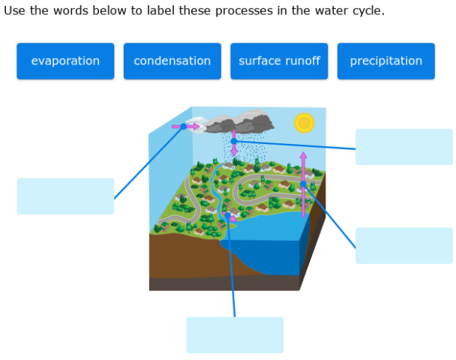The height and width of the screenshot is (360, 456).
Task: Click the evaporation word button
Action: pyautogui.click(x=65, y=61)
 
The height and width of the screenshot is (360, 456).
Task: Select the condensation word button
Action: pyautogui.click(x=172, y=61)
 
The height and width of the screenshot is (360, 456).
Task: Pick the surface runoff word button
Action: pyautogui.click(x=279, y=61)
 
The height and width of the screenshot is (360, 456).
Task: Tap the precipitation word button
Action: pyautogui.click(x=385, y=61)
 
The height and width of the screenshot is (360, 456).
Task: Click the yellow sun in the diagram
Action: pyautogui.click(x=304, y=123)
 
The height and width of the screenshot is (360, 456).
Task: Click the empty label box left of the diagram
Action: pyautogui.click(x=65, y=196)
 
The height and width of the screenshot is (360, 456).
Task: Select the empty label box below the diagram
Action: pyautogui.click(x=235, y=334)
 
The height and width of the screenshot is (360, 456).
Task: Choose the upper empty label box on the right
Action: pyautogui.click(x=403, y=146)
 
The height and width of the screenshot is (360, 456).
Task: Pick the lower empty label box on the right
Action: pyautogui.click(x=403, y=245)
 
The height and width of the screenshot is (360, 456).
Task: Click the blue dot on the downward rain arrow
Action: pyautogui.click(x=234, y=140)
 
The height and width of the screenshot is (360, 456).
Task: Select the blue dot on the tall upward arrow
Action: pyautogui.click(x=303, y=184)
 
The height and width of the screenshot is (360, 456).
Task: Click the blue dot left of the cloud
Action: pyautogui.click(x=184, y=127)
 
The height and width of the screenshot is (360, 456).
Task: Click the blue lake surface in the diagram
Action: pyautogui.click(x=270, y=225)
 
